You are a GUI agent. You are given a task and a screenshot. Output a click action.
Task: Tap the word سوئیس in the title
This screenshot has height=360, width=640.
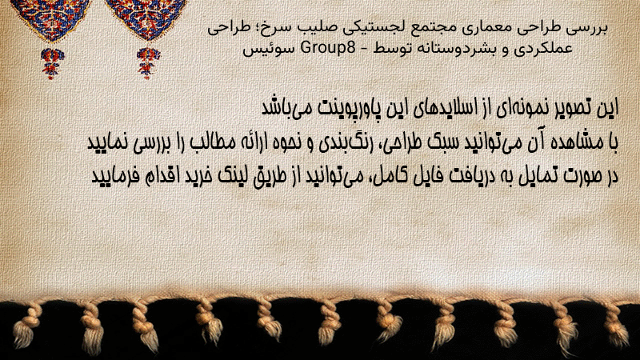[x=269, y=49]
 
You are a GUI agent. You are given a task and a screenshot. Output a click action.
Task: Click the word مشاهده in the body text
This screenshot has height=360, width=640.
[x=576, y=142]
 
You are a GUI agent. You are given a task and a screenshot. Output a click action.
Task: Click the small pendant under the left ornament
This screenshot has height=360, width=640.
[x=52, y=63]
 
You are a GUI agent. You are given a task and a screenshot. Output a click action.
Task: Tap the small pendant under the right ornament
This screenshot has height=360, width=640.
[x=148, y=63]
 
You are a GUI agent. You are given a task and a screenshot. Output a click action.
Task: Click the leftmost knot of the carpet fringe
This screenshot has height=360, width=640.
[x=27, y=322]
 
